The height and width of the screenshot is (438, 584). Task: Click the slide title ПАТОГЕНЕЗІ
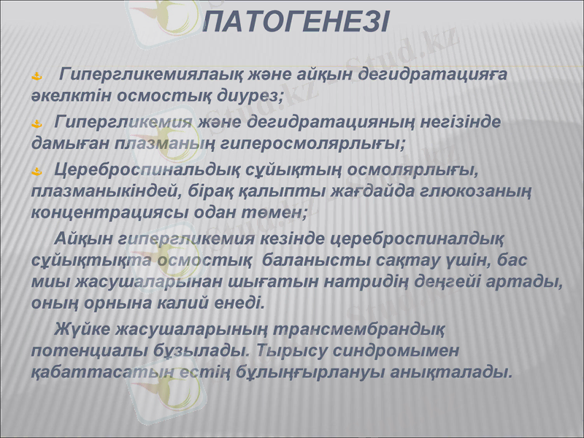click(x=295, y=20)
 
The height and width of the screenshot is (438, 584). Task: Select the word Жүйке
click(x=81, y=329)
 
